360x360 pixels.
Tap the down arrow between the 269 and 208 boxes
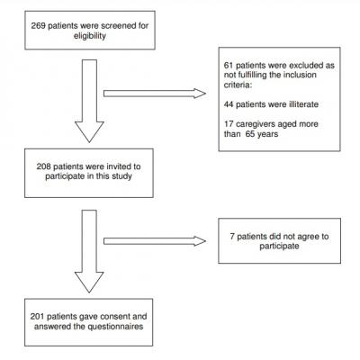click(x=88, y=99)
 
